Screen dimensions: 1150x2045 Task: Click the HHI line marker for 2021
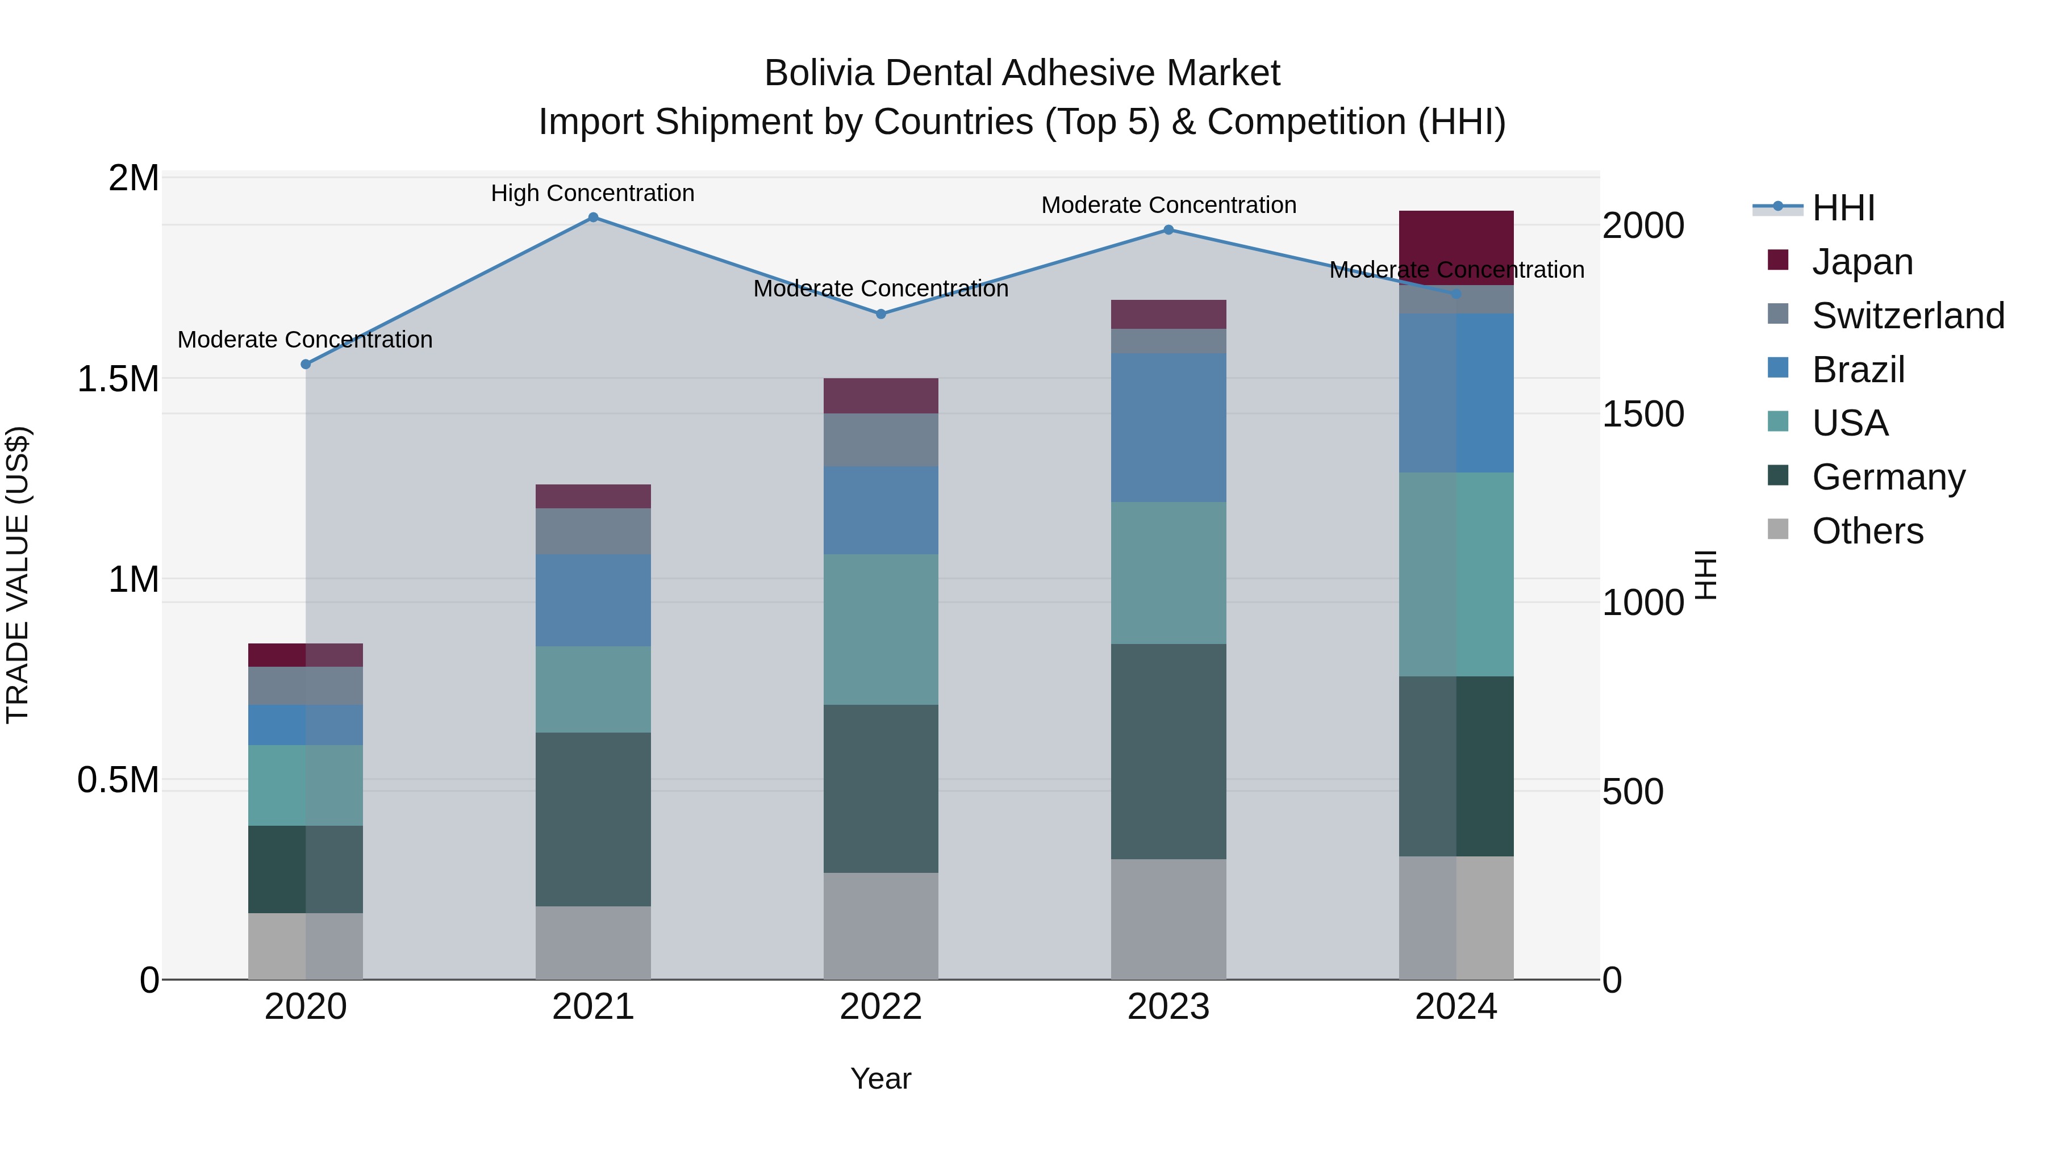(x=593, y=218)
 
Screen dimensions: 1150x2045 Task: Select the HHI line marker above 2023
(x=1168, y=230)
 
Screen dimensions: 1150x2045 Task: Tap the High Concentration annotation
(x=592, y=194)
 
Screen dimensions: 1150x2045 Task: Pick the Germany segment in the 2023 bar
(x=1168, y=751)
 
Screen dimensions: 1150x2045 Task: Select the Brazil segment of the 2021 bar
(x=593, y=600)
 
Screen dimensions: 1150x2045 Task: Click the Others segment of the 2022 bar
(x=880, y=926)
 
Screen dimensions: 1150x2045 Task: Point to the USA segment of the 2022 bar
(x=880, y=629)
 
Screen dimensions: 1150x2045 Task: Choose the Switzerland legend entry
(x=1908, y=316)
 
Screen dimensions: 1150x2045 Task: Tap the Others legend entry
(x=1867, y=531)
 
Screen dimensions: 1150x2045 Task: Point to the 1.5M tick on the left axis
(x=118, y=379)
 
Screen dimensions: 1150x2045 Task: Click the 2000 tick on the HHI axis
(x=1642, y=225)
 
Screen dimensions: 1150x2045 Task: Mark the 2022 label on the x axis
(x=880, y=1007)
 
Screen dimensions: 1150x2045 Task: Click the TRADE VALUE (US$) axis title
(x=18, y=575)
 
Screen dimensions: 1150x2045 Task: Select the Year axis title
(x=880, y=1078)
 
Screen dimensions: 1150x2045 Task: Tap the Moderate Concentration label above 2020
(x=305, y=340)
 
